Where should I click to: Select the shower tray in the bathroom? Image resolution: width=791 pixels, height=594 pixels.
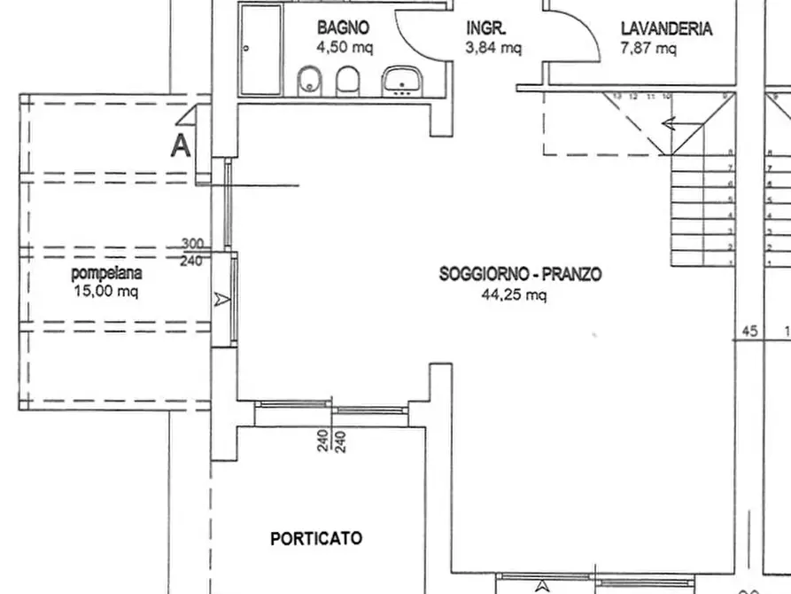tap(261, 49)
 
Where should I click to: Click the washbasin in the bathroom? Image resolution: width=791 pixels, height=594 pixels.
tap(403, 82)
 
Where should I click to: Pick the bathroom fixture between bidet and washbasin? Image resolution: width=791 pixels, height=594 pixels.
tap(348, 80)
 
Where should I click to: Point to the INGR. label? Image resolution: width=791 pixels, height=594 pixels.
tap(486, 28)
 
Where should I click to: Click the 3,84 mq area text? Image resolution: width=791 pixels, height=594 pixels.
tap(493, 48)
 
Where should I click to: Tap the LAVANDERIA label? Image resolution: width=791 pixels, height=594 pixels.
tap(666, 28)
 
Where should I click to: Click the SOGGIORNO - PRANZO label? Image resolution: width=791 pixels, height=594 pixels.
tap(520, 275)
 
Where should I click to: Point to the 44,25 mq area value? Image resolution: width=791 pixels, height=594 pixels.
tap(514, 295)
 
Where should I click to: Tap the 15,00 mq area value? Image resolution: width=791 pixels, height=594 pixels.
tap(105, 291)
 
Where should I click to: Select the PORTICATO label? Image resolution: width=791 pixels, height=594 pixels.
tap(316, 538)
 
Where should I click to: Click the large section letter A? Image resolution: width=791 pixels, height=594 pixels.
tap(181, 145)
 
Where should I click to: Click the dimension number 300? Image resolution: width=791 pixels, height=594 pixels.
tap(191, 243)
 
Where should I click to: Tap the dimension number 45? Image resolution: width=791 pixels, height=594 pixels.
tap(749, 332)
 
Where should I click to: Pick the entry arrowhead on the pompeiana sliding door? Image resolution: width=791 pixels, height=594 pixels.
tap(221, 301)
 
